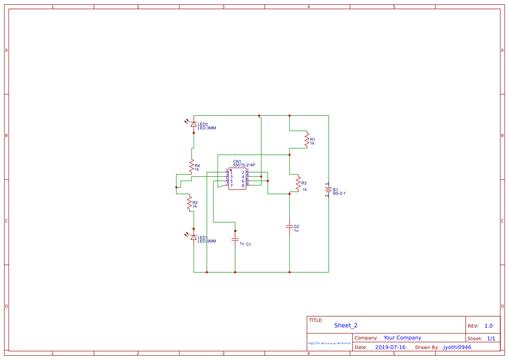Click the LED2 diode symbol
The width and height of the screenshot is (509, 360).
[x=194, y=124]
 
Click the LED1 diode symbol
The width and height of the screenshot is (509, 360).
[x=194, y=237]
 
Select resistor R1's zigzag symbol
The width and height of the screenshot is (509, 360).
[x=307, y=140]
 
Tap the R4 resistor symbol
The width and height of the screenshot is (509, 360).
[x=192, y=166]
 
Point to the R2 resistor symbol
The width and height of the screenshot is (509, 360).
[x=189, y=203]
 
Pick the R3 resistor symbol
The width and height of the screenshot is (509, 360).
[x=298, y=183]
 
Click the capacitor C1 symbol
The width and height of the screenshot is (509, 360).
[x=235, y=239]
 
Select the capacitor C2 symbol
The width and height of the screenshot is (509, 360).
[x=290, y=226]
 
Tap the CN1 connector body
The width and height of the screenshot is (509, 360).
[x=237, y=179]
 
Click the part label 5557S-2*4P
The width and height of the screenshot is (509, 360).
[x=244, y=165]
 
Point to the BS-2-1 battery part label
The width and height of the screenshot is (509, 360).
[x=339, y=193]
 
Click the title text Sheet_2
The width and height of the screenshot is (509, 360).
[x=346, y=325]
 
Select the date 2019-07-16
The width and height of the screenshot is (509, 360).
[x=390, y=347]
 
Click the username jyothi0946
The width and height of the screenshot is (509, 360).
[x=457, y=347]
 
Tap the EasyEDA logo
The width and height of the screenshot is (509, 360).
[x=330, y=343]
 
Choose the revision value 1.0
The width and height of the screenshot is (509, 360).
[x=489, y=326]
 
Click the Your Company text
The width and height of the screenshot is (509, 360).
[x=402, y=338]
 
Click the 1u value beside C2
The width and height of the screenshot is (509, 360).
[x=296, y=230]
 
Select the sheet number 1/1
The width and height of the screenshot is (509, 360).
[x=491, y=338]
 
